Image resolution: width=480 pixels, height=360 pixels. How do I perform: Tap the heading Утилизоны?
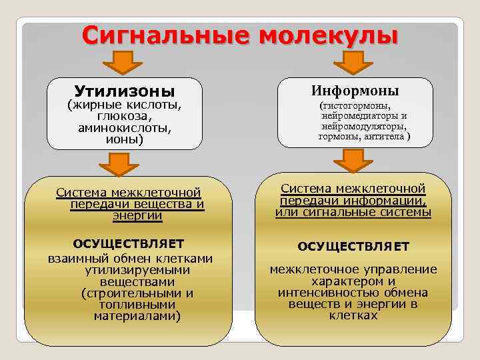click(x=124, y=90)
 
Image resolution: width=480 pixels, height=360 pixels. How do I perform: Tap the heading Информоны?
click(x=355, y=90)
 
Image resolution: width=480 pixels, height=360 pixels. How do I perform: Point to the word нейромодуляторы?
click(x=363, y=125)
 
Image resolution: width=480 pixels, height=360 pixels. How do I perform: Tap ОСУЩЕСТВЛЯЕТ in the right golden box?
click(x=353, y=247)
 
